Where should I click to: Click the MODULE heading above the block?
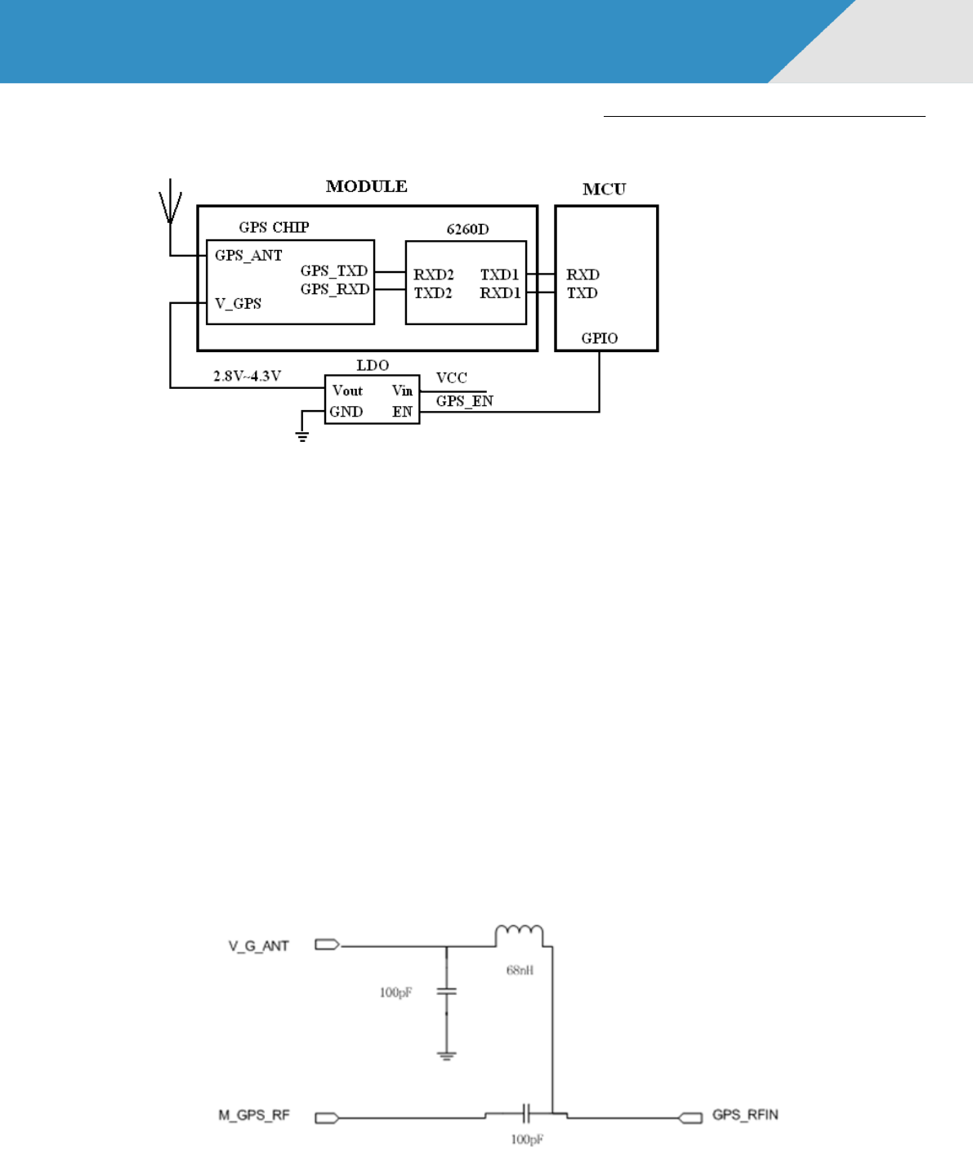366,186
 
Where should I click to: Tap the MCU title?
604,190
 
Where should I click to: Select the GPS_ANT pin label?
248,256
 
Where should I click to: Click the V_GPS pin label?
238,304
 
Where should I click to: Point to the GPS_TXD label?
334,271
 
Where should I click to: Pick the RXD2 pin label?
433,275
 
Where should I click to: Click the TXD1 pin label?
499,275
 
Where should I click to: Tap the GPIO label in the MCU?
600,338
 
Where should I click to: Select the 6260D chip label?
467,230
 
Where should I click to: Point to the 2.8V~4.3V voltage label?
247,377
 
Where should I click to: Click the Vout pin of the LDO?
347,391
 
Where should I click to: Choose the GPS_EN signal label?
464,401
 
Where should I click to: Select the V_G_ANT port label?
258,946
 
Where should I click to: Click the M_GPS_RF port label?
253,1116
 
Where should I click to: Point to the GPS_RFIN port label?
745,1115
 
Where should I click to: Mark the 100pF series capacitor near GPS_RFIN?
527,1113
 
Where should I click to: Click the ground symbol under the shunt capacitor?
446,1055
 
